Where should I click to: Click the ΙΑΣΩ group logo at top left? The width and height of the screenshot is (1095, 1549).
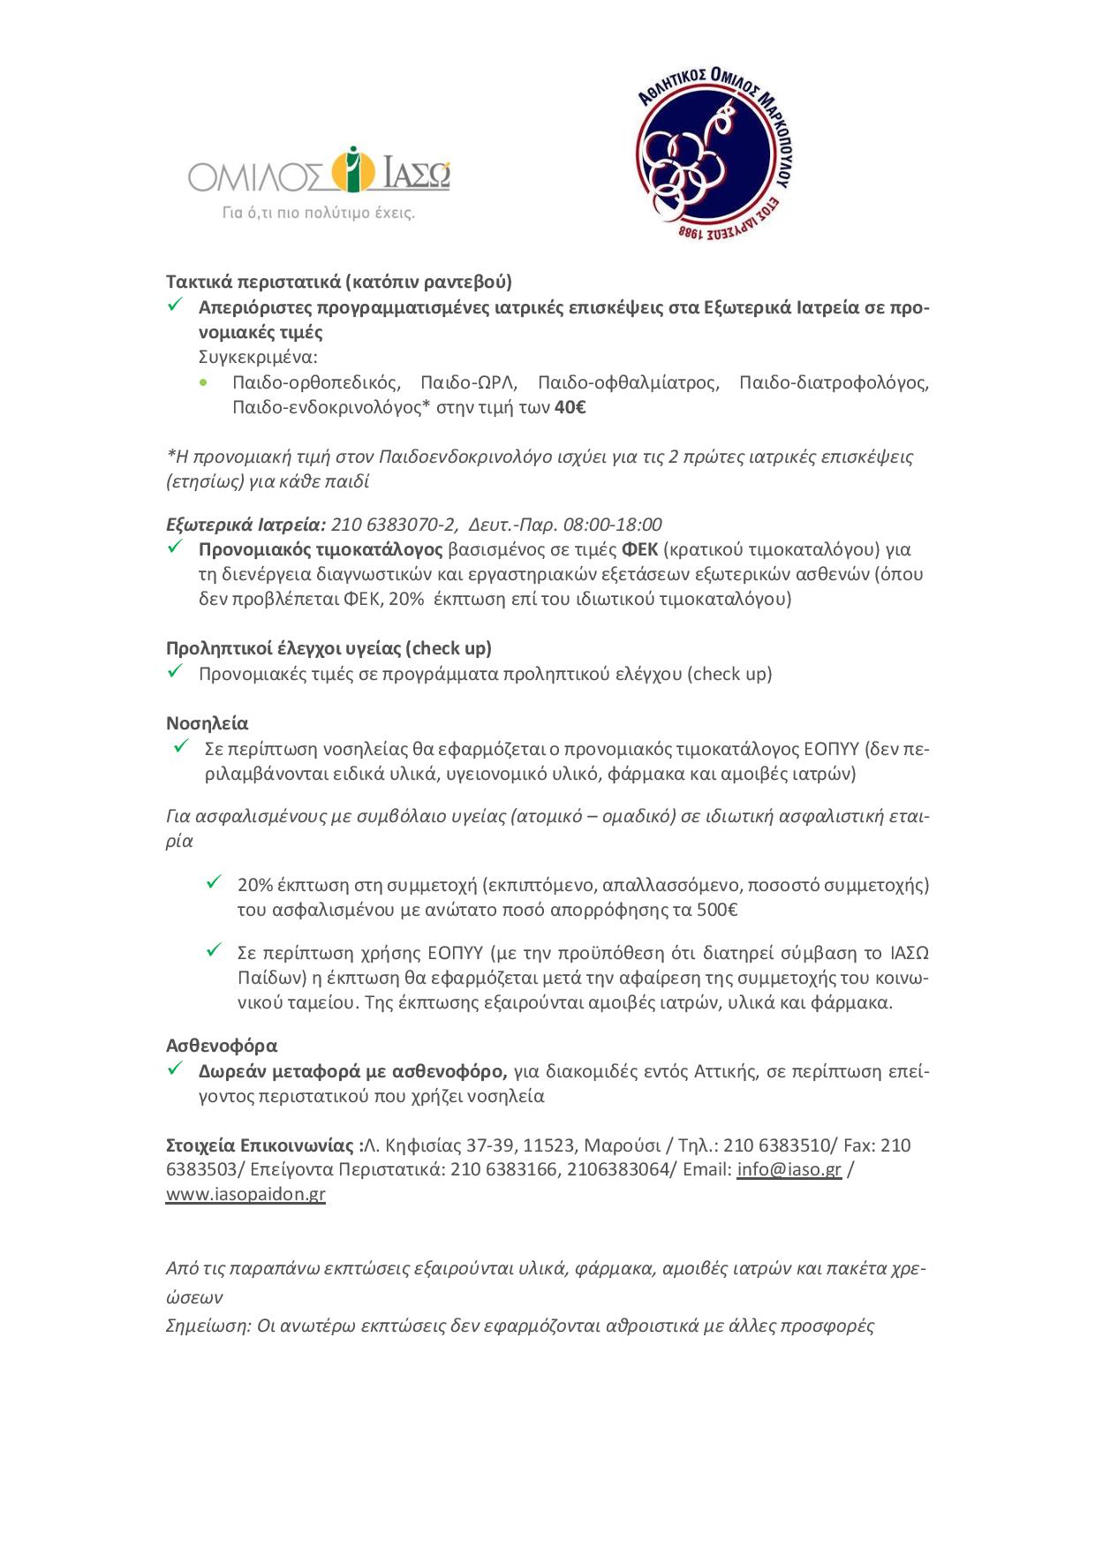coord(319,171)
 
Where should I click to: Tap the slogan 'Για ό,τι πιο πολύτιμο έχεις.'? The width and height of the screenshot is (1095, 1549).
coord(318,213)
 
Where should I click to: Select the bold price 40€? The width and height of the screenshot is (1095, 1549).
coord(570,407)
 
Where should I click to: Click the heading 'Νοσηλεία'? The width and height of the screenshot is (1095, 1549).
coord(208,723)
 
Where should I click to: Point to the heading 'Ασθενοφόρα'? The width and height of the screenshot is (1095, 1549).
coord(222,1046)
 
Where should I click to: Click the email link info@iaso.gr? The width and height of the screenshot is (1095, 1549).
coord(789,1169)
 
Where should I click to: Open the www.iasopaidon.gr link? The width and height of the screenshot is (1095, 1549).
coord(245,1194)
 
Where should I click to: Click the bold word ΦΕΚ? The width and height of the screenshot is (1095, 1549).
coord(639,549)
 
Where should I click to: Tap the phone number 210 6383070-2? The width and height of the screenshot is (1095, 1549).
coord(394,525)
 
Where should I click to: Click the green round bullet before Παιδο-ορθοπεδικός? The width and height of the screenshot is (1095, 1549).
coord(205,383)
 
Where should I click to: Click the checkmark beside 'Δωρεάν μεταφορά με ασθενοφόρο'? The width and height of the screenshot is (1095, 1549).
coord(174,1069)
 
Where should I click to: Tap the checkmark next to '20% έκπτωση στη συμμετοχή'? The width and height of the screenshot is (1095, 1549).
coord(214,882)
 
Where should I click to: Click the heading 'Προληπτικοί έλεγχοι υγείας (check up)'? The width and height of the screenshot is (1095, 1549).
coord(328,648)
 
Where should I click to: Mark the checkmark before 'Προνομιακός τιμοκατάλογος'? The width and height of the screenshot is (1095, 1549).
coord(174,548)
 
